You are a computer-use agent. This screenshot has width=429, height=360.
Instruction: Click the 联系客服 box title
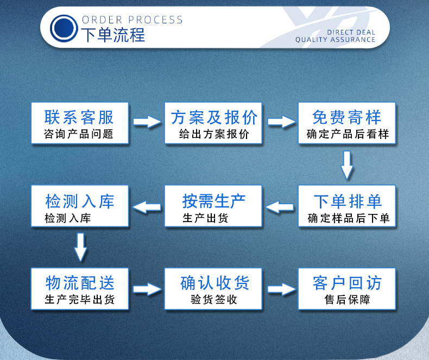(x=79, y=117)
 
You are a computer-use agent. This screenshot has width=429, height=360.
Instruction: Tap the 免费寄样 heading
(x=347, y=117)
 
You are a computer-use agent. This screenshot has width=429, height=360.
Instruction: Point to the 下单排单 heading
(x=348, y=200)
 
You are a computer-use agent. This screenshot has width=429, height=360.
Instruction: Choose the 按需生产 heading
(x=213, y=200)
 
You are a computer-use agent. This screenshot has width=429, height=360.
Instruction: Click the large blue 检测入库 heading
(x=79, y=200)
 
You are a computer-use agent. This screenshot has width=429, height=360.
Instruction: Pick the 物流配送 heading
(x=79, y=282)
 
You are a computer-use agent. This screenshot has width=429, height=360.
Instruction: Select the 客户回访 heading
(x=347, y=282)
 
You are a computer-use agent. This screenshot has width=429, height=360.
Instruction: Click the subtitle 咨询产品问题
(x=79, y=134)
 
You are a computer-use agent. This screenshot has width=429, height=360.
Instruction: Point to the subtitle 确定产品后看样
(x=348, y=134)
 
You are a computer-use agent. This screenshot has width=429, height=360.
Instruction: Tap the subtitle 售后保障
(x=347, y=300)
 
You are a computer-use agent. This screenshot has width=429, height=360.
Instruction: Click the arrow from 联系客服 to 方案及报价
(x=147, y=122)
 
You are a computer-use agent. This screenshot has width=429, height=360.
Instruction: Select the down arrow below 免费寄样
(x=347, y=165)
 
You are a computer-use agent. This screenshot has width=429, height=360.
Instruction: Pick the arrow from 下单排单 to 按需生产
(x=280, y=206)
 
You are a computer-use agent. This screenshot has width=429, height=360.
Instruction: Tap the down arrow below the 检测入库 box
(x=80, y=247)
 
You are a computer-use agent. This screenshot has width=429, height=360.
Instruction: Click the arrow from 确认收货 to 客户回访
(x=281, y=288)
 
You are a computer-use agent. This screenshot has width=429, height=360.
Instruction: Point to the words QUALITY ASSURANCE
(x=335, y=40)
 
